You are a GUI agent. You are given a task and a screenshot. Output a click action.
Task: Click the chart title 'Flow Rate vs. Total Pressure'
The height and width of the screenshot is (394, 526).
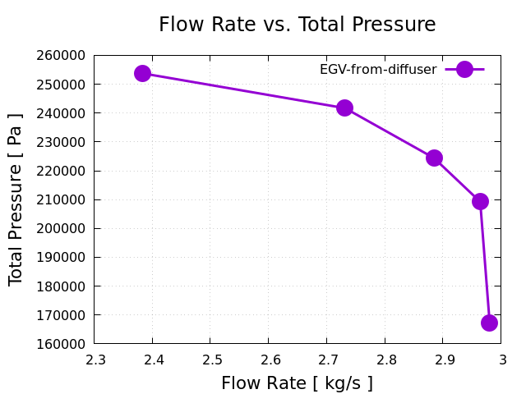point(297,25)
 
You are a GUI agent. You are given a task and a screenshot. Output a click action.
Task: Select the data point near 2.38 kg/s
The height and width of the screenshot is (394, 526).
point(142,73)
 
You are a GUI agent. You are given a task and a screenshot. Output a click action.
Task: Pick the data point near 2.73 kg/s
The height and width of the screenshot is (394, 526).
point(344,108)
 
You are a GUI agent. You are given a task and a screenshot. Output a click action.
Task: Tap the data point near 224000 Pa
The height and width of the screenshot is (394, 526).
point(434,158)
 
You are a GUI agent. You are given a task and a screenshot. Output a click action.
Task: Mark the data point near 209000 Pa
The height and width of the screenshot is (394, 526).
point(480,201)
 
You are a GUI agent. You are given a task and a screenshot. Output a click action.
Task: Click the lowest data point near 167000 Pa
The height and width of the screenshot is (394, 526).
point(489,323)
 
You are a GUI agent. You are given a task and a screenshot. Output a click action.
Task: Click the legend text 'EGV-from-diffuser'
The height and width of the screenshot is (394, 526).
point(378,70)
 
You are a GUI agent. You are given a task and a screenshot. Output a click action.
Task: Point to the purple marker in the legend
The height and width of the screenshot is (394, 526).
point(464,70)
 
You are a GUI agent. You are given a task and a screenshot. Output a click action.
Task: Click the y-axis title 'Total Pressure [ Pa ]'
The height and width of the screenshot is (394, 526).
point(16,199)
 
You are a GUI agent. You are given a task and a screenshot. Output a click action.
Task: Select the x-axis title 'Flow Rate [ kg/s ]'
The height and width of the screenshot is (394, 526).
point(297,383)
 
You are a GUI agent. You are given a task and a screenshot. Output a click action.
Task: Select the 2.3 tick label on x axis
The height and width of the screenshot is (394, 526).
point(95,359)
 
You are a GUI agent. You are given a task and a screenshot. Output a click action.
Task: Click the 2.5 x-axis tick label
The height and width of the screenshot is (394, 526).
point(210,359)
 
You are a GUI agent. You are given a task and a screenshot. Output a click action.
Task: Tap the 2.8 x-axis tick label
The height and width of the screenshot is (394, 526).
point(385,359)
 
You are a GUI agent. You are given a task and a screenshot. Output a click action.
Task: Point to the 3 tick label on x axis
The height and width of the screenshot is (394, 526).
point(501,359)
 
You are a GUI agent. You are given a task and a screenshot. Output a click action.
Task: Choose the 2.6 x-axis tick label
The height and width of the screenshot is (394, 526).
point(269,359)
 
